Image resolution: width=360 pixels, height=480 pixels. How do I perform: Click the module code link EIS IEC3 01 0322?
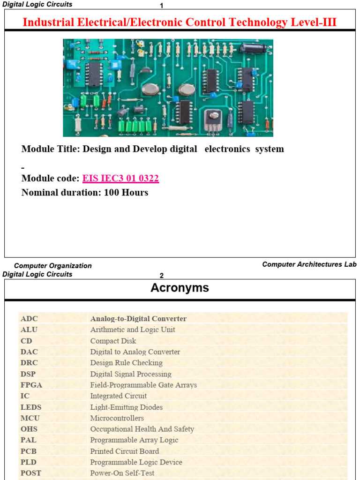(120, 179)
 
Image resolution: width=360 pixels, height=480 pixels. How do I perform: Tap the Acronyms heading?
(180, 288)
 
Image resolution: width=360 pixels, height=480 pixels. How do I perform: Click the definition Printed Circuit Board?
(124, 451)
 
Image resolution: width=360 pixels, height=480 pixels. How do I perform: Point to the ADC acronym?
(28, 319)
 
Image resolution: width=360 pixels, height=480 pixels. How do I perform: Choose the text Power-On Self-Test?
(122, 473)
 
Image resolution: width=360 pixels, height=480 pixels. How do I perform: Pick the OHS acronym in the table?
(29, 429)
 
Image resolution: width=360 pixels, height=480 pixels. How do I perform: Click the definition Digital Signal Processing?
(131, 374)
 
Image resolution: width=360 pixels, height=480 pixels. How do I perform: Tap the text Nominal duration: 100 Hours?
(85, 193)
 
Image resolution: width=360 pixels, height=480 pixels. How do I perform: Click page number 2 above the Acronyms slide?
(162, 276)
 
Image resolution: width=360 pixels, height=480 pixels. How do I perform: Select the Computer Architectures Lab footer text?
(309, 264)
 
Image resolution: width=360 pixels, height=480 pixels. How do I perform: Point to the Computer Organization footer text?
(53, 266)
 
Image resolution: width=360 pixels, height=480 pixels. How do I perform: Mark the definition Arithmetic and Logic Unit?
(133, 330)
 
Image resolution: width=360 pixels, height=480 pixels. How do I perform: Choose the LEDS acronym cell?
(31, 407)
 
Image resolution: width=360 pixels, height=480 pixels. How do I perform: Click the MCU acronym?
(30, 418)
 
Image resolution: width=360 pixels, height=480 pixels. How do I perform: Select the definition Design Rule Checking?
(126, 363)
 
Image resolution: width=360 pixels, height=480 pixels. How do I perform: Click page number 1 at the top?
(162, 6)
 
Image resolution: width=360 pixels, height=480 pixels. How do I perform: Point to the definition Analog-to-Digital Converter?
(138, 319)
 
